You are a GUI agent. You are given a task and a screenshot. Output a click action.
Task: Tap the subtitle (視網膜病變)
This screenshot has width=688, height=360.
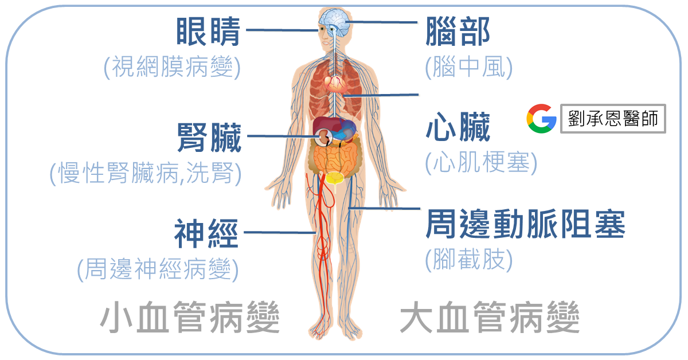coord(171,68)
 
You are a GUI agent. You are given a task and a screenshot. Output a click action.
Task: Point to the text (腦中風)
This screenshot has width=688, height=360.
coord(468,68)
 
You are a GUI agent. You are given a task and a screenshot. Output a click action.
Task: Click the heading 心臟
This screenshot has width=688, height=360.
coord(458,128)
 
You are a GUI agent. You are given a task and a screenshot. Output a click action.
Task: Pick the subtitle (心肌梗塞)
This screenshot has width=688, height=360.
coord(481,164)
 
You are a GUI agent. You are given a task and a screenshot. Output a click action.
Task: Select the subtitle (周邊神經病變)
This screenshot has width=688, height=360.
coord(158,269)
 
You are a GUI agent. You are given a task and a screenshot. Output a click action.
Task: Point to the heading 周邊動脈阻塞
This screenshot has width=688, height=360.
coord(525,224)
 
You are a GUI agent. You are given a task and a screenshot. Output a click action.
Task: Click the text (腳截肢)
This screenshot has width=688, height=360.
coord(468,260)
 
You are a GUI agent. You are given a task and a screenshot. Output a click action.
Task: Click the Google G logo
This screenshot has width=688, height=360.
coord(541,119)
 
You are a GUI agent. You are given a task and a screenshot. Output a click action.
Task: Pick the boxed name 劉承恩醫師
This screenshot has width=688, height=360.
coord(613,119)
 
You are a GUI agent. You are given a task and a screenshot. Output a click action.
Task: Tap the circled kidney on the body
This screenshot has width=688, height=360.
coord(325,137)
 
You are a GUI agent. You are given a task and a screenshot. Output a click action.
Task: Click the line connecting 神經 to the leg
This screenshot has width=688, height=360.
coord(280,232)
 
